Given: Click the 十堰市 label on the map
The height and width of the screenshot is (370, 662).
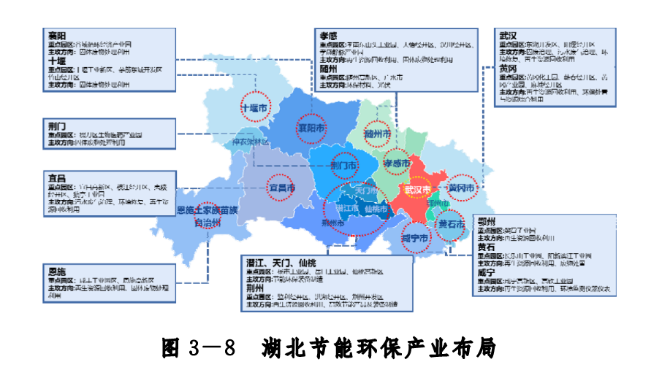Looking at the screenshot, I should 256,108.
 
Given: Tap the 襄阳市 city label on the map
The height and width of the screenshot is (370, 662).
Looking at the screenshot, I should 311,128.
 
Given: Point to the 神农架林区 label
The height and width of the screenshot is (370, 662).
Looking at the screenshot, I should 251,142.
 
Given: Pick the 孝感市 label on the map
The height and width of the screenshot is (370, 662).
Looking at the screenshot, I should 398,163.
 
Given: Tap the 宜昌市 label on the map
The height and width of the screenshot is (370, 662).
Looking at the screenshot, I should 282,188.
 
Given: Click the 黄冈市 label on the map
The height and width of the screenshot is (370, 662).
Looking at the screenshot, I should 461,188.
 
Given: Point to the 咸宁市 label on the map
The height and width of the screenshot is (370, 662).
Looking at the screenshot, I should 414,239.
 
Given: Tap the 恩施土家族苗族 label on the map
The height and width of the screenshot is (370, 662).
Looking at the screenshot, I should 208,211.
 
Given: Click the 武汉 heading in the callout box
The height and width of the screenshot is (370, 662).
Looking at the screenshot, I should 509,35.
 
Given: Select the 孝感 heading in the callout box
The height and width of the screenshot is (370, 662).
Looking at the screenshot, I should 328,35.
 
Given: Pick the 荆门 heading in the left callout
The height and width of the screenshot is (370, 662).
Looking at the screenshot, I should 57,126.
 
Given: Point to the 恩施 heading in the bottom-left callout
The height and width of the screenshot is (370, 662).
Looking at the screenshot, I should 57,269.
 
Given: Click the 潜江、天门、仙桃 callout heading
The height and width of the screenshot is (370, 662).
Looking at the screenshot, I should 281,261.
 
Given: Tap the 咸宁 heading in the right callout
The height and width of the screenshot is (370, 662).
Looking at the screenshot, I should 487,271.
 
